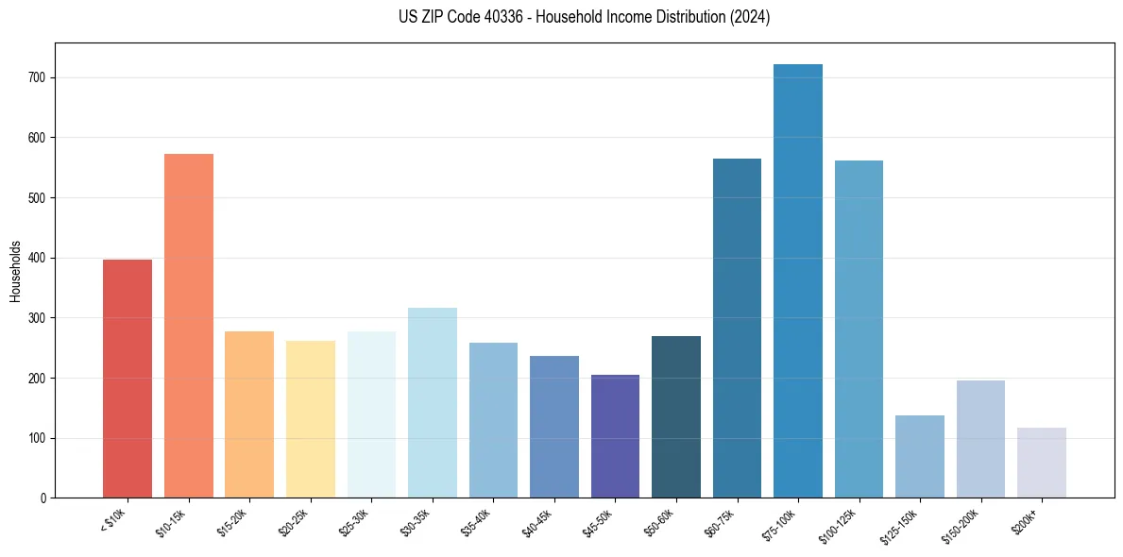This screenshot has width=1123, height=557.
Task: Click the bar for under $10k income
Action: coord(128,379)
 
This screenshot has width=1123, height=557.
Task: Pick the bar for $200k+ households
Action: coord(1042,463)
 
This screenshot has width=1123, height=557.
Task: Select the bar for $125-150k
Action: coord(920,456)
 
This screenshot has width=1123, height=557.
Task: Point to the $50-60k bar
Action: coord(676,416)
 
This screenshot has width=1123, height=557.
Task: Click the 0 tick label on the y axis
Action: coord(44,498)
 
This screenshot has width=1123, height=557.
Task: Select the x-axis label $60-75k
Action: coord(720,521)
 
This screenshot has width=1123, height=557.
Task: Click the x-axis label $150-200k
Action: coord(961,524)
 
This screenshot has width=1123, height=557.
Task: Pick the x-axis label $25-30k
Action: coord(354,521)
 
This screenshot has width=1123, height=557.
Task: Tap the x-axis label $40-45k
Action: coord(536,521)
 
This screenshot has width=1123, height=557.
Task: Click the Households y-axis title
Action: coord(15,270)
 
